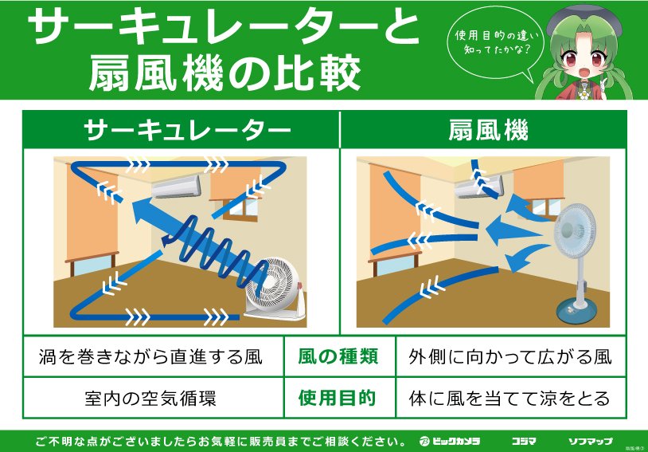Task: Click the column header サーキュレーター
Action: tap(187, 131)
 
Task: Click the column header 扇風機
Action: tap(489, 131)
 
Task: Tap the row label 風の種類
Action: tap(338, 357)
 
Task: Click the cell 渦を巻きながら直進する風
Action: tap(150, 357)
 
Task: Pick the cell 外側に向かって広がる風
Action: tap(510, 357)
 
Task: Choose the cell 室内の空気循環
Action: tap(150, 399)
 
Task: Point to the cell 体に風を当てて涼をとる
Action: tap(509, 399)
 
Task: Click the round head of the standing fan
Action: tap(575, 230)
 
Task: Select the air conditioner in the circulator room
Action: tap(176, 187)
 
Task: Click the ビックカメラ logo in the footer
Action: tap(450, 442)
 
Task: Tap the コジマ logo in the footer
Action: tap(524, 442)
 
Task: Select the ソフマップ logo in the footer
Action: tap(590, 442)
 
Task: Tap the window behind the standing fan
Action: tap(546, 208)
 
